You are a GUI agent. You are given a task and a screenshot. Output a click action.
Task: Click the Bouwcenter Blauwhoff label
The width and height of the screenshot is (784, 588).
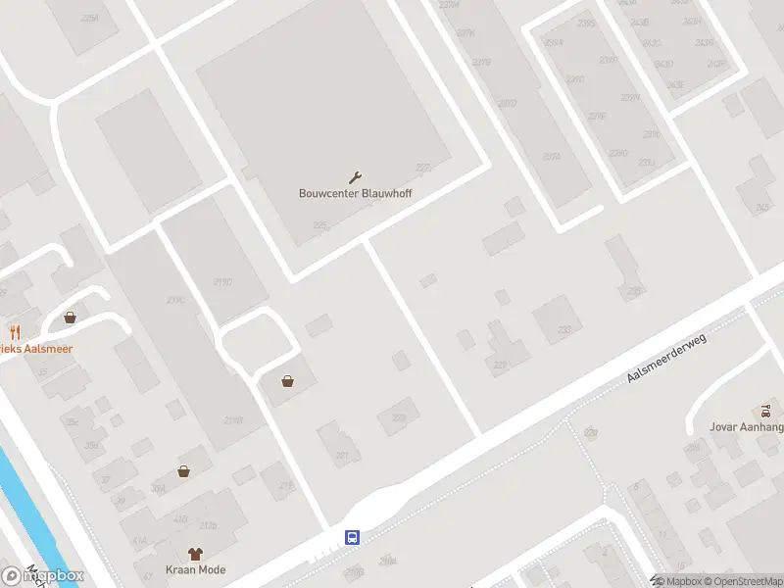(355, 193)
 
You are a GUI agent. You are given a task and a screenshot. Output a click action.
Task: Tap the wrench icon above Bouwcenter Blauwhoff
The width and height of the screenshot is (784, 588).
(355, 177)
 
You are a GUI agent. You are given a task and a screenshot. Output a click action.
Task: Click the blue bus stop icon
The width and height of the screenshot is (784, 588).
(353, 537)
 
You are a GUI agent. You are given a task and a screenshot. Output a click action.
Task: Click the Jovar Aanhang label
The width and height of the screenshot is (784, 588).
(746, 426)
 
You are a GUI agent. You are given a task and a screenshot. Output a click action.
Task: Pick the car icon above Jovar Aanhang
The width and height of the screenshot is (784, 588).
(766, 409)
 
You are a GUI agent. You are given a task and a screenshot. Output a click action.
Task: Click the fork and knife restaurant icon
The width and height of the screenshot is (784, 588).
(15, 332)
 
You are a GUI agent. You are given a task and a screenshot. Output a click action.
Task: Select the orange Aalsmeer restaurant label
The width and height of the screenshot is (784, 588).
(36, 349)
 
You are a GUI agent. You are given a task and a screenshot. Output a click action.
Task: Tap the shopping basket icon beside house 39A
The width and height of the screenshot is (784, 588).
(183, 471)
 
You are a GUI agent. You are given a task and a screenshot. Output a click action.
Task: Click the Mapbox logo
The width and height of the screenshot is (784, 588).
(44, 576)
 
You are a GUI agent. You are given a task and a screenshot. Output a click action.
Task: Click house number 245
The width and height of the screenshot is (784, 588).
(762, 208)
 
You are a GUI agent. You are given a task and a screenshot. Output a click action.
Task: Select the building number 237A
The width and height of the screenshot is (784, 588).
(552, 156)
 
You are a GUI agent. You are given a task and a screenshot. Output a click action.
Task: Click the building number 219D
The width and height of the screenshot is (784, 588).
(232, 420)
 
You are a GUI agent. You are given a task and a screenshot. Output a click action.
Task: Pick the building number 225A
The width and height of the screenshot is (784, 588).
(90, 19)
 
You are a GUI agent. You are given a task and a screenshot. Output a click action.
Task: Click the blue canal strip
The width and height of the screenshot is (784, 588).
(24, 510)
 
